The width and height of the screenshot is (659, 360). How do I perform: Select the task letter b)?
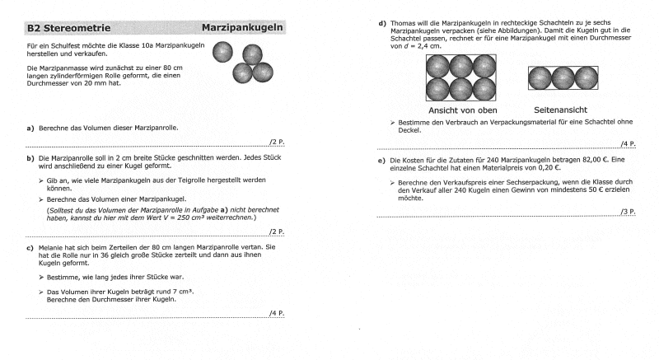[x=30, y=157]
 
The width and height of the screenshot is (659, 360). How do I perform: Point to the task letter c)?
[x=30, y=247]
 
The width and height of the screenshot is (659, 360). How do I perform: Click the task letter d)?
[x=382, y=23]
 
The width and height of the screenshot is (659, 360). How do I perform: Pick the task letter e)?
[x=382, y=160]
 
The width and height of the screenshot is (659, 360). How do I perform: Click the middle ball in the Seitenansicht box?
[x=564, y=78]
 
